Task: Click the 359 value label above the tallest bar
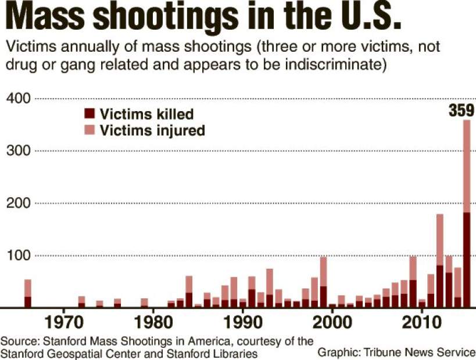(461, 110)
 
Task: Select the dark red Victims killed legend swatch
(90, 113)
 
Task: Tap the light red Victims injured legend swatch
(90, 130)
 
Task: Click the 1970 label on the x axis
(63, 322)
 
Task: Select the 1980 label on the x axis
(152, 322)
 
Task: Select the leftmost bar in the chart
(27, 294)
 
